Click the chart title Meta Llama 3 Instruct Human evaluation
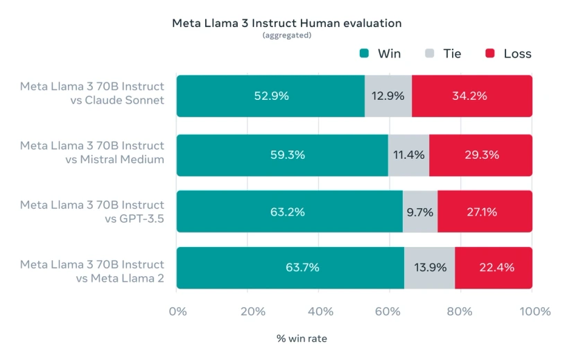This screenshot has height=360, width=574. point(286,23)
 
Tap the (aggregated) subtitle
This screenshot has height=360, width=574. point(286,35)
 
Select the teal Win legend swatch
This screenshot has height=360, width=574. point(364,54)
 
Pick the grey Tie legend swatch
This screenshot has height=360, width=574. point(430,54)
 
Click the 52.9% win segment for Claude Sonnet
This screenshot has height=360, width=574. point(271,96)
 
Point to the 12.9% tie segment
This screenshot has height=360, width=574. point(388,96)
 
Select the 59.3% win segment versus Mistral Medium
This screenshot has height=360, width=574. point(282,155)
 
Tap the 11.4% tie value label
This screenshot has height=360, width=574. point(409,155)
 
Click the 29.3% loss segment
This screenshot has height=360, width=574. point(480,155)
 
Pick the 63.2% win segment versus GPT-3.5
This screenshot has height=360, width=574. point(289,212)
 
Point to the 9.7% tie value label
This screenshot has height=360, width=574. point(420,212)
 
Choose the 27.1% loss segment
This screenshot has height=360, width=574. point(485,212)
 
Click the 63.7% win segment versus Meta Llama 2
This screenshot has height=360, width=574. point(290,267)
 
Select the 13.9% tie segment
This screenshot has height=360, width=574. point(430,267)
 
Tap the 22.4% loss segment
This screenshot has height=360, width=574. point(494,267)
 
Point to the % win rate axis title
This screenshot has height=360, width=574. point(302,339)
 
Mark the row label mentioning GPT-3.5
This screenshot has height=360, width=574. point(92,212)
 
